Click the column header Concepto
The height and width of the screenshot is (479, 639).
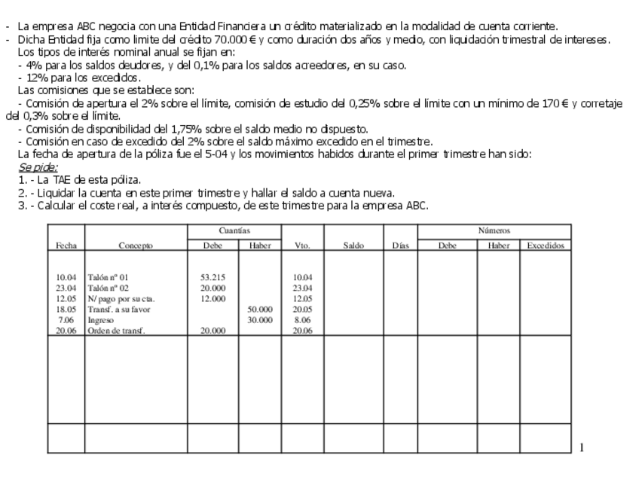point(136,245)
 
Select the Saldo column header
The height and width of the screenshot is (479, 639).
point(354,245)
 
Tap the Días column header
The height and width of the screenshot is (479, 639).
point(400,245)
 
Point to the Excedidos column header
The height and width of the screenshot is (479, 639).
point(543,245)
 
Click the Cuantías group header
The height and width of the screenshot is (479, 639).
point(234,231)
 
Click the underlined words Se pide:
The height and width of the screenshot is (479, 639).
point(38,166)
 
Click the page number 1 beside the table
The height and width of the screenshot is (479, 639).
point(582,448)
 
